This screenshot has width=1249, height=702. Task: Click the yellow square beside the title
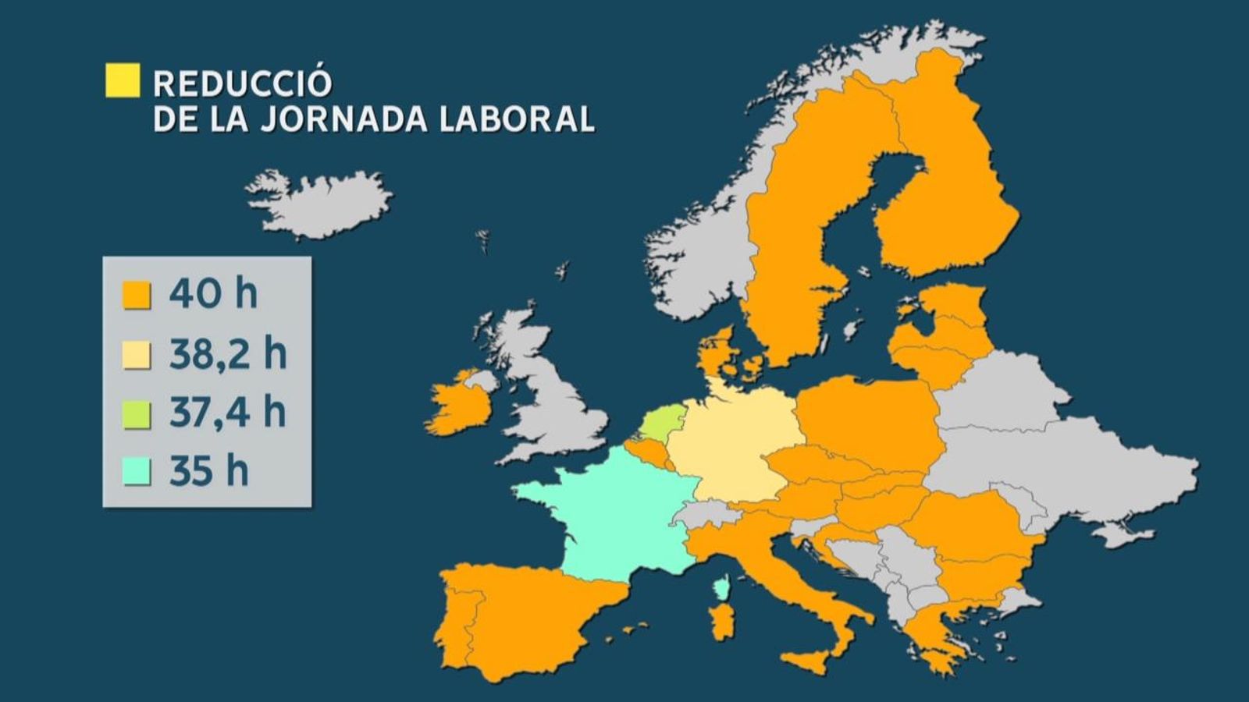click(123, 80)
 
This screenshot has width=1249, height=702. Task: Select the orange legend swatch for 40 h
click(137, 296)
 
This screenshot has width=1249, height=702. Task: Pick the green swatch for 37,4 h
click(137, 414)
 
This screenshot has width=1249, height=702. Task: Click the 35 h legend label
click(208, 472)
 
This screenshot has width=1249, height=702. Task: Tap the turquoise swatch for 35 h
click(137, 472)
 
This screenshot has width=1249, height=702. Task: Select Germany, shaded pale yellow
click(734, 445)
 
